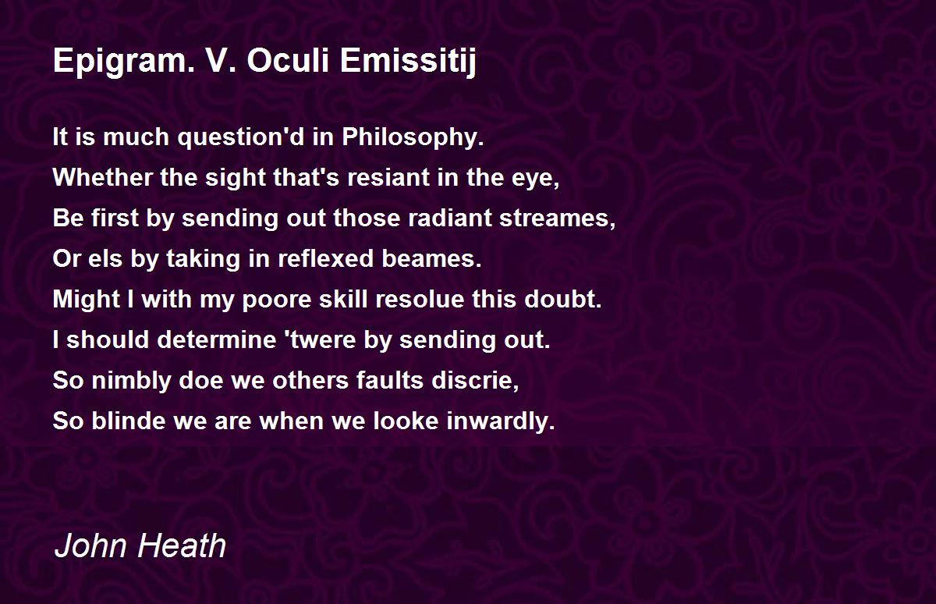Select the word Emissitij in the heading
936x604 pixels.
pyautogui.click(x=408, y=62)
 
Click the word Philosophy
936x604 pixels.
pyautogui.click(x=413, y=137)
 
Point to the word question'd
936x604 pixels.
pyautogui.click(x=241, y=137)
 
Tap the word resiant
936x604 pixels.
pyautogui.click(x=388, y=177)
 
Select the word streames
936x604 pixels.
pyautogui.click(x=558, y=219)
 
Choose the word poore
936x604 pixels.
pyautogui.click(x=277, y=299)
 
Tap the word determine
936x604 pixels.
pyautogui.click(x=217, y=339)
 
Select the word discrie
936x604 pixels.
pyautogui.click(x=475, y=380)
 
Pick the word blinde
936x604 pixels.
pyautogui.click(x=128, y=420)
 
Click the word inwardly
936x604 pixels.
pyautogui.click(x=501, y=421)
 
